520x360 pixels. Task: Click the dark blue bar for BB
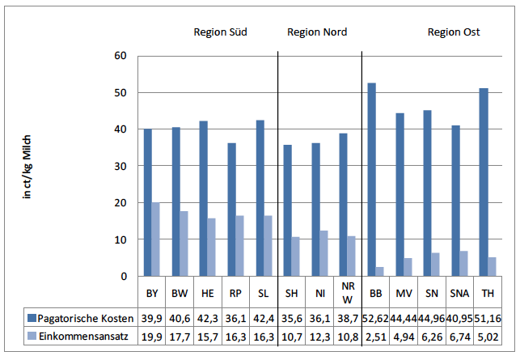point(372,180)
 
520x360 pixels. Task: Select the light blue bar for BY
point(156,239)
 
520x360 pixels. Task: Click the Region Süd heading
point(220,32)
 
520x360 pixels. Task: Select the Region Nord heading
point(317,32)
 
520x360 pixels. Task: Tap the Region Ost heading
point(454,32)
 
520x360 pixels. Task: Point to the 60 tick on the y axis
point(120,56)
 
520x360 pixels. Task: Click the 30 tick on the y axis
point(120,166)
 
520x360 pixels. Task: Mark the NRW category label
point(348,291)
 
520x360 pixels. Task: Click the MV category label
point(404,291)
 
